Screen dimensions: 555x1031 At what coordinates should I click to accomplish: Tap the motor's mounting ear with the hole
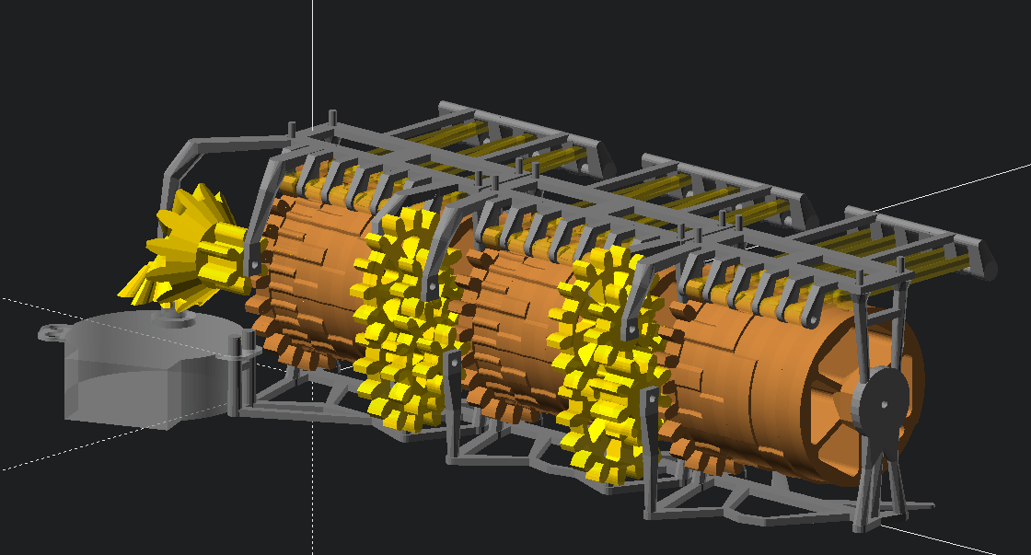tap(52, 331)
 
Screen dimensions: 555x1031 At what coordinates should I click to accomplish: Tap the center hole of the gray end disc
tap(882, 403)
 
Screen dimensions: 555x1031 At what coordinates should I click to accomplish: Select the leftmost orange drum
tap(308, 276)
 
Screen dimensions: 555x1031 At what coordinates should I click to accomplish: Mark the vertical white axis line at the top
tap(312, 55)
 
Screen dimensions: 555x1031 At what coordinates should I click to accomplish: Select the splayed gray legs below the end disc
tap(884, 492)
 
